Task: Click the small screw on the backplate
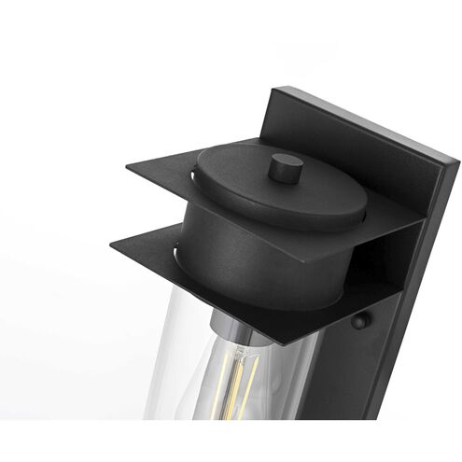(x=359, y=322)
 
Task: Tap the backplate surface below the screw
(x=373, y=392)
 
